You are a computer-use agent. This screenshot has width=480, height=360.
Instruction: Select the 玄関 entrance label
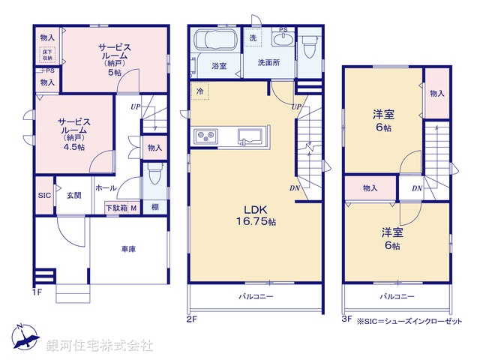coord(73,196)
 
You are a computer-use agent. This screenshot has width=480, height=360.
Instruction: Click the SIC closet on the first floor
coord(43,195)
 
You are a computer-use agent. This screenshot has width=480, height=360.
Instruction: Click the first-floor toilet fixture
coord(155,175)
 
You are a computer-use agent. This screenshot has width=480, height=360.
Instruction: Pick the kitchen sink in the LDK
coord(250,136)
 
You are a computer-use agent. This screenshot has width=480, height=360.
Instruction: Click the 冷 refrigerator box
coord(200,91)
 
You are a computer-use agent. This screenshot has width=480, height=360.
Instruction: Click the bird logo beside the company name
coord(26,337)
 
